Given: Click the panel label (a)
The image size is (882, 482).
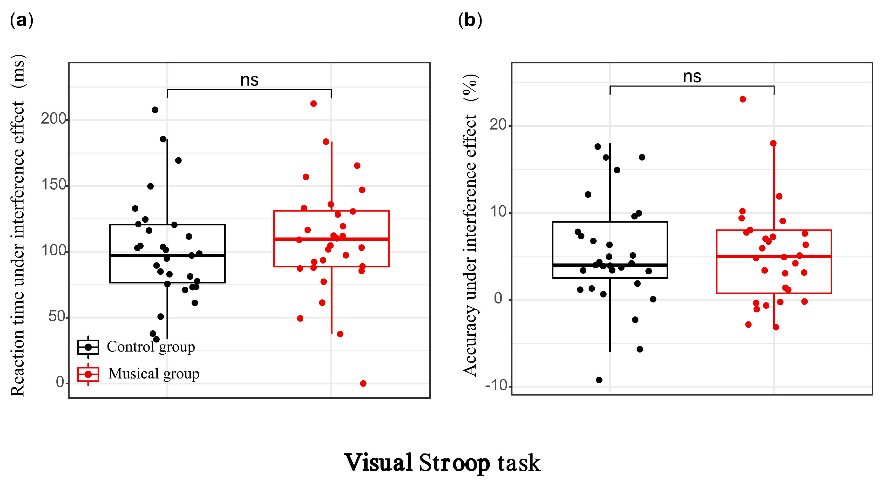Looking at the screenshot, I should pos(22,21).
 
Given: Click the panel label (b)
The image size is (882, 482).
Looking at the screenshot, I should pos(470,21).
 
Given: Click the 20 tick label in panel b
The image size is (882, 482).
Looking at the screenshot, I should pos(498,125).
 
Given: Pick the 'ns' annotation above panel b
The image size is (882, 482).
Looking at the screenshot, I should pos(692,76).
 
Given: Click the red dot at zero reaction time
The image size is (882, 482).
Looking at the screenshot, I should pos(363,383).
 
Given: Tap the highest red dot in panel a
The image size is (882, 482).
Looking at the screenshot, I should pos(313,104).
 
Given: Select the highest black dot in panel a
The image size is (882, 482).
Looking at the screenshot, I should pos(155,110).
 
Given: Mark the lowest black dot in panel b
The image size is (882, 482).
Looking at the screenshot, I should pos(599,380).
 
